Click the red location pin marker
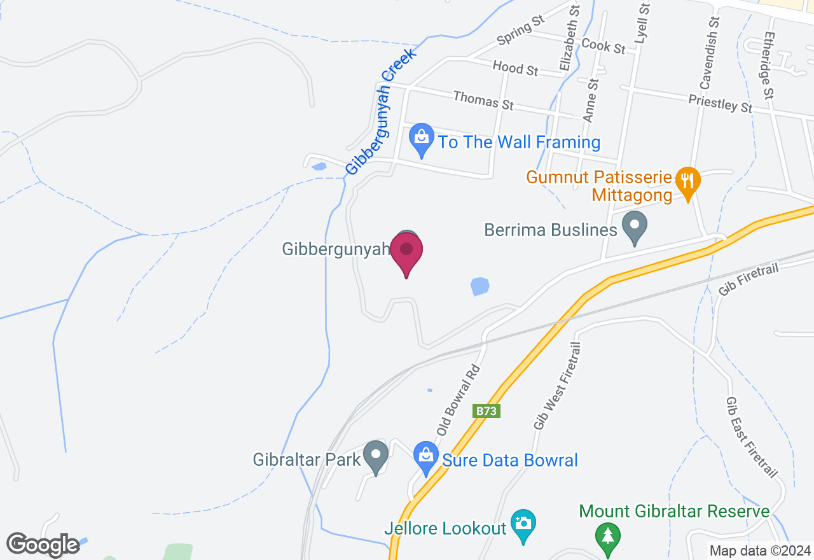tap(406, 252)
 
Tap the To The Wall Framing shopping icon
tap(420, 138)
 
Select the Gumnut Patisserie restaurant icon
tap(687, 181)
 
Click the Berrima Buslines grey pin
tap(633, 226)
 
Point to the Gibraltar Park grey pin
tap(375, 456)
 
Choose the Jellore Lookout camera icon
tap(523, 525)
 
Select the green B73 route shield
tap(486, 411)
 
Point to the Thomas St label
tap(483, 99)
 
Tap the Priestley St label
tap(720, 103)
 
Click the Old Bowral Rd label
tap(458, 400)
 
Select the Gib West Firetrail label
tap(558, 386)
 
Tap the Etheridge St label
tap(768, 66)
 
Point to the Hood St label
tap(515, 67)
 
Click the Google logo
tap(43, 545)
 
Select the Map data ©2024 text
tap(759, 550)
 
